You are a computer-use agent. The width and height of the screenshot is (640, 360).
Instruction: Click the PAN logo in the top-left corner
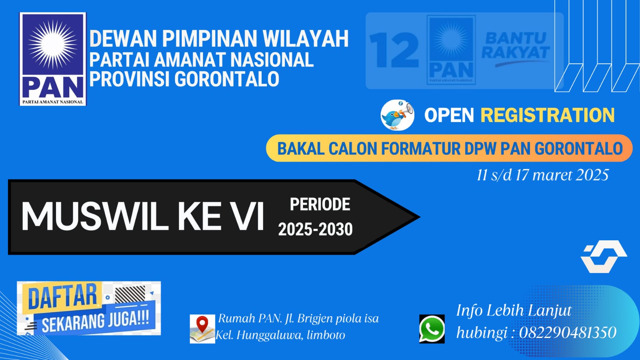[x=53, y=59]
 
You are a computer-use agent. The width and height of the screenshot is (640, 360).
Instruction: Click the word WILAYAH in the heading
[x=306, y=38]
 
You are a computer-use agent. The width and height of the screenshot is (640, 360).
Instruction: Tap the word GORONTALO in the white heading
[x=227, y=78]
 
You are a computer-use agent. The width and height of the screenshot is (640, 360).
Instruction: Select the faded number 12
[x=394, y=50]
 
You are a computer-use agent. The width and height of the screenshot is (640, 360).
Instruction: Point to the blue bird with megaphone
[x=397, y=115]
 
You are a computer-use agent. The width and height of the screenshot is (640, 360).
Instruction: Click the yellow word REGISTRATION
[x=548, y=115]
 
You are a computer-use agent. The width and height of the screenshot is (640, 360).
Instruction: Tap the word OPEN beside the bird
[x=449, y=115]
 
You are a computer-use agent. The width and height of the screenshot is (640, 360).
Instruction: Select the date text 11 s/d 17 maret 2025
[x=543, y=175]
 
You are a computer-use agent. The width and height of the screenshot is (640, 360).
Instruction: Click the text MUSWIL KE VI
[x=142, y=217]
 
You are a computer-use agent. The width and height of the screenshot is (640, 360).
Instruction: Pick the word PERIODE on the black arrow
[x=320, y=205]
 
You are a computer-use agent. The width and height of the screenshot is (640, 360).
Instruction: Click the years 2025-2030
[x=315, y=229]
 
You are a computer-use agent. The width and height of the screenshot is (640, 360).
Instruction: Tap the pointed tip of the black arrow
[x=419, y=217]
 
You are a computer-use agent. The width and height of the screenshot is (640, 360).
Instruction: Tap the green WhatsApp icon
[x=432, y=329]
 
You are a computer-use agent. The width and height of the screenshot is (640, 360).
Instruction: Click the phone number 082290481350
[x=568, y=332]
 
